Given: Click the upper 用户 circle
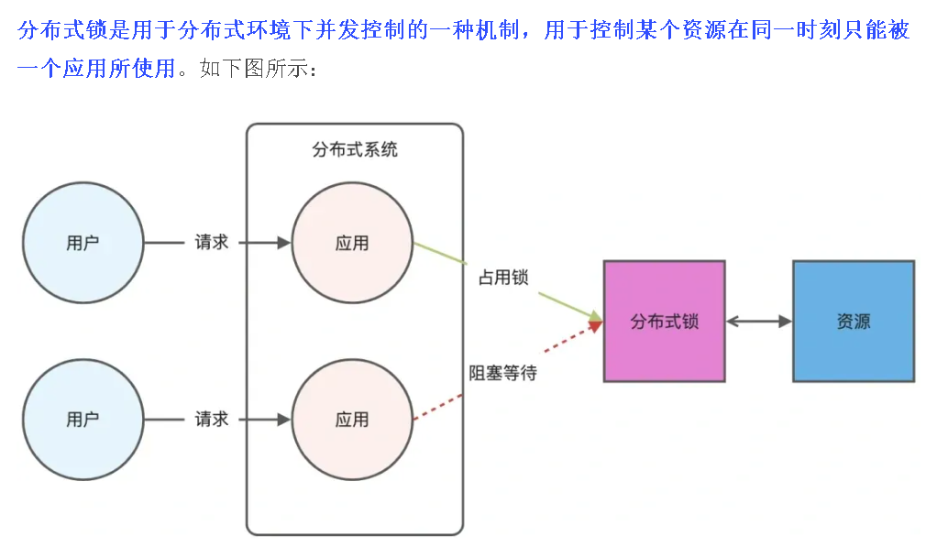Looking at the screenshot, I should pyautogui.click(x=83, y=243).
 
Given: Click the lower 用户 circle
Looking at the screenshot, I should pyautogui.click(x=83, y=420).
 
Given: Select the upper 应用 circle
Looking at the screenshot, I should pyautogui.click(x=352, y=243).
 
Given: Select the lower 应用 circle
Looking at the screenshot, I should pyautogui.click(x=352, y=420).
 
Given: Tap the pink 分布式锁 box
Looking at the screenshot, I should pyautogui.click(x=664, y=322).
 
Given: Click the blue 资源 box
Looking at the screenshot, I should pyautogui.click(x=853, y=322).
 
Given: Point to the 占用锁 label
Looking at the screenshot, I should pyautogui.click(x=503, y=277).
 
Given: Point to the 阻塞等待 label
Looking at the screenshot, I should pyautogui.click(x=502, y=373).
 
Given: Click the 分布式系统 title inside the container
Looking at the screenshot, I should pyautogui.click(x=355, y=149).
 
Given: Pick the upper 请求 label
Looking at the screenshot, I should pyautogui.click(x=211, y=243).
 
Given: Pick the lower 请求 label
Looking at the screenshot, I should pyautogui.click(x=211, y=420).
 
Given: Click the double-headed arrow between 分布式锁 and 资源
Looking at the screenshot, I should pyautogui.click(x=759, y=322).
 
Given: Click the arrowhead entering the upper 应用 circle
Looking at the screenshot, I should pyautogui.click(x=283, y=243).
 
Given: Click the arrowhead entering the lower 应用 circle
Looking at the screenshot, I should pyautogui.click(x=283, y=420).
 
